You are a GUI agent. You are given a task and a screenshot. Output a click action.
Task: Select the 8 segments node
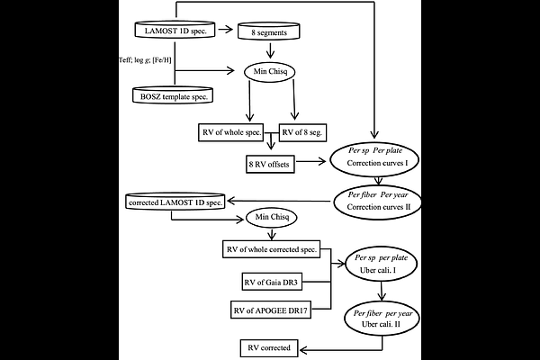pyautogui.click(x=271, y=31)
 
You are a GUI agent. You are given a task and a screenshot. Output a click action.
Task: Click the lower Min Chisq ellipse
pyautogui.click(x=271, y=219)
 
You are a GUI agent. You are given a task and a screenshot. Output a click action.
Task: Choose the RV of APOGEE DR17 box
pyautogui.click(x=273, y=311)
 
